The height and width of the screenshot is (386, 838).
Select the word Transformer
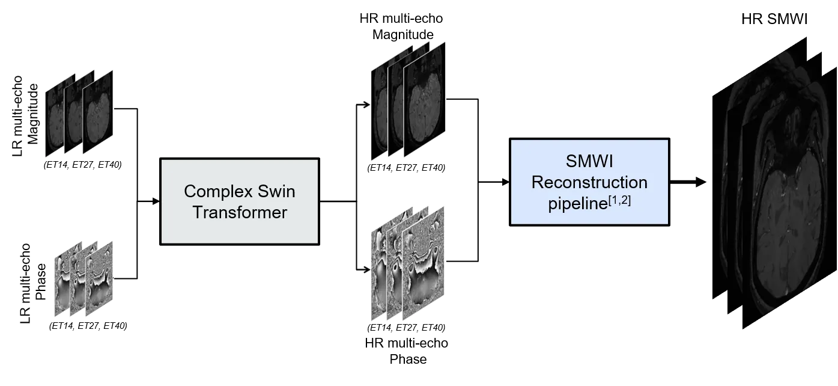point(239,212)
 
